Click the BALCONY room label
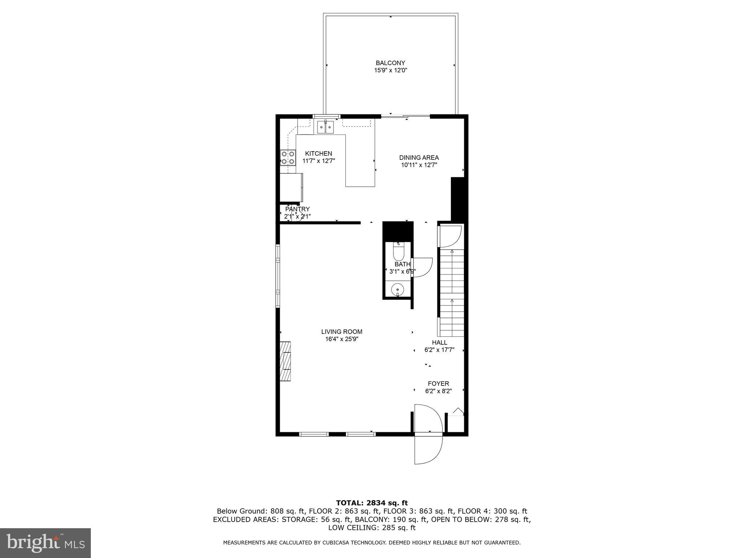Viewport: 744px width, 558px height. [390, 63]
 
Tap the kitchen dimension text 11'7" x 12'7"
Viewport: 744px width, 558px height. [319, 161]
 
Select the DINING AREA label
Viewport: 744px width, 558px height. [419, 158]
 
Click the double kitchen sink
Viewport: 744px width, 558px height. [325, 128]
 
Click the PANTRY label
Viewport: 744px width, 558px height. [297, 209]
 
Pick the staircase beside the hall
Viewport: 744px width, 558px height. [452, 291]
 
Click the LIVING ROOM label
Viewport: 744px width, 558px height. [341, 332]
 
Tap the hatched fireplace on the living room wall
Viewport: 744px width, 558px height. [285, 361]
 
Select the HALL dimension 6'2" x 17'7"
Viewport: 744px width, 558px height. [439, 350]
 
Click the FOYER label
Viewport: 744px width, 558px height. [438, 384]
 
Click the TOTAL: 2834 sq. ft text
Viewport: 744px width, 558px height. [372, 503]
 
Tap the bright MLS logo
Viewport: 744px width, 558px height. [45, 543]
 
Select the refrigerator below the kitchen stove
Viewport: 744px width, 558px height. [291, 187]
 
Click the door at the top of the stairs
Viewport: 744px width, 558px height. [450, 235]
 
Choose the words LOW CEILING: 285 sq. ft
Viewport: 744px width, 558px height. [372, 527]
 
